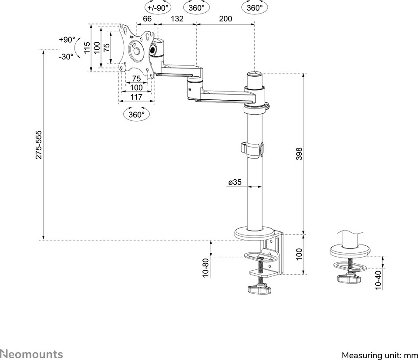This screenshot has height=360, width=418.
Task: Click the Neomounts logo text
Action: point(31,354)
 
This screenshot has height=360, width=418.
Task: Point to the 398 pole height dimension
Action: point(299,154)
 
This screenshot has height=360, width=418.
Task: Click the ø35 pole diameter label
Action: point(235,182)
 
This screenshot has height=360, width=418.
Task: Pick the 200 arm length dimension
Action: point(226,18)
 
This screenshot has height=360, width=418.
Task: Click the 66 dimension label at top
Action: point(147,18)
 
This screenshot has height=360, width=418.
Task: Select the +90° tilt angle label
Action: point(67,40)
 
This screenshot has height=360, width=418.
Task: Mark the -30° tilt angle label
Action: point(66,57)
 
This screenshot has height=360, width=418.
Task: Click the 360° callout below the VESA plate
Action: point(136,115)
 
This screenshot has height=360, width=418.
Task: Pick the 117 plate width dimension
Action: point(136,96)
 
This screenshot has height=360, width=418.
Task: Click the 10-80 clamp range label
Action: point(206,267)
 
